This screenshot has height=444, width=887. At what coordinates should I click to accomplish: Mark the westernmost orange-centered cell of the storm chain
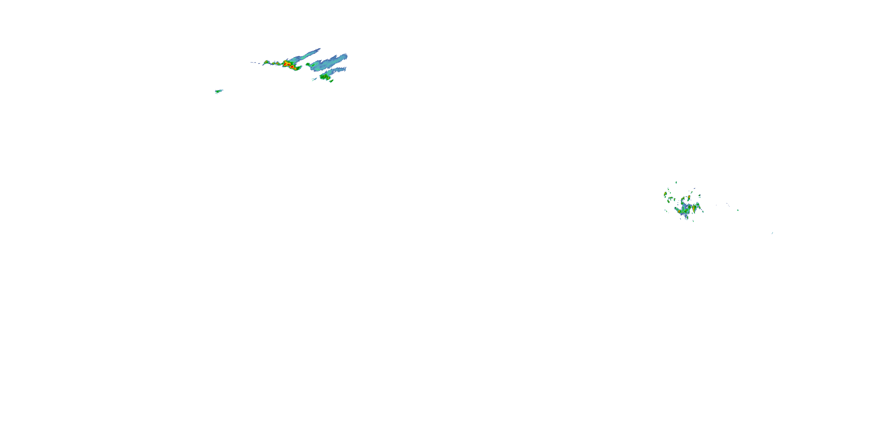click(266, 62)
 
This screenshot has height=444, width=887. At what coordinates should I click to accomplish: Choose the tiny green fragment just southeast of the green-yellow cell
click(331, 81)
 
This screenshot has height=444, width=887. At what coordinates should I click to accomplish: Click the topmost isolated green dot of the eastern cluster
click(676, 182)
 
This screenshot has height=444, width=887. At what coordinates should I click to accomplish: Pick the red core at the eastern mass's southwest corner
click(679, 212)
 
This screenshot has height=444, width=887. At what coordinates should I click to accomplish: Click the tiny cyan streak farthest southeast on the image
click(772, 233)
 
